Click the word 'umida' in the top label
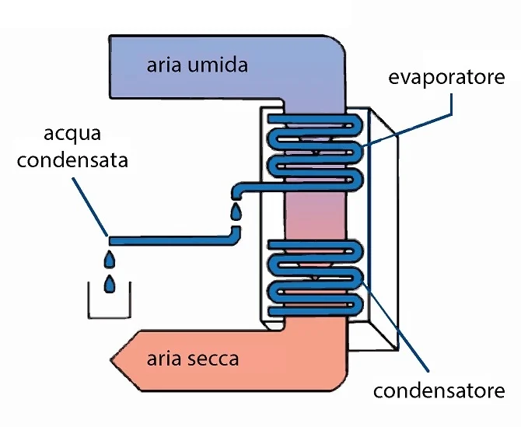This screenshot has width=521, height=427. point(221,65)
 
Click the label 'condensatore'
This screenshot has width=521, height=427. point(439,390)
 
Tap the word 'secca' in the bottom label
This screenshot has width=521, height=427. point(213,359)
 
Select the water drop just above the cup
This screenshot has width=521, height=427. point(111,284)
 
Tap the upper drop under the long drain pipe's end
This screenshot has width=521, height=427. point(111,257)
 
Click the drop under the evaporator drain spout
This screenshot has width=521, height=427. point(236,212)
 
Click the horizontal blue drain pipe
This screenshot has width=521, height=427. point(171,238)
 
